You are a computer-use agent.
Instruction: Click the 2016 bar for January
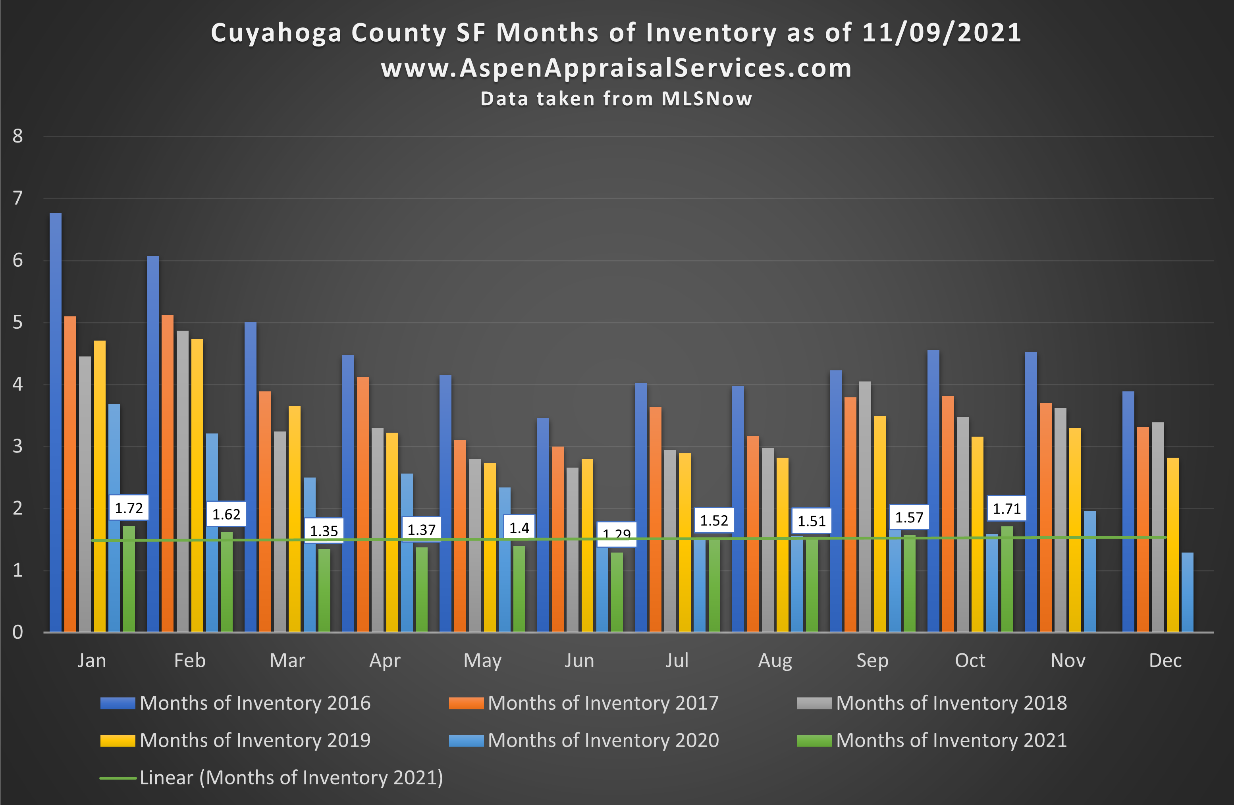56,422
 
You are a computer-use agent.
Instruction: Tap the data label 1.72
129,508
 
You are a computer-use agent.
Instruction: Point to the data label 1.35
324,530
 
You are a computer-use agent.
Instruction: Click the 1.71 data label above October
1006,509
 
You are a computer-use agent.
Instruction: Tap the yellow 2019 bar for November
1075,529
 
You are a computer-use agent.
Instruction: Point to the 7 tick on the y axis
17,198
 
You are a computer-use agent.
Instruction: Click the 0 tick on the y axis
17,632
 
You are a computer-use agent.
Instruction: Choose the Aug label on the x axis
775,661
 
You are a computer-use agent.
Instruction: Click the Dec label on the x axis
1165,661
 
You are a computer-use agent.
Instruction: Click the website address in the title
616,68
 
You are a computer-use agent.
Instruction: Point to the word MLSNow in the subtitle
707,98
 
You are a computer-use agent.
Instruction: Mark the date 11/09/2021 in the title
941,33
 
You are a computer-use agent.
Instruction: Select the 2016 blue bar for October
933,490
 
